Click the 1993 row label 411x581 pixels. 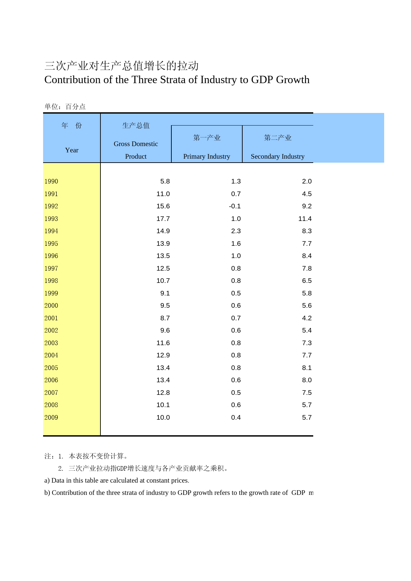51,219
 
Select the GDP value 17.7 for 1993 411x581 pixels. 163,219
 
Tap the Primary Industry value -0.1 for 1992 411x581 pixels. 235,206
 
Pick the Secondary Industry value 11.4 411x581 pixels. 305,219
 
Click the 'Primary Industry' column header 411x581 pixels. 206,156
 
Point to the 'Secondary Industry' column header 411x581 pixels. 277,156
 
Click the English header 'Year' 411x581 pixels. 72,150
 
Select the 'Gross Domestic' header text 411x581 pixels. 136,144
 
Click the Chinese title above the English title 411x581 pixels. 121,66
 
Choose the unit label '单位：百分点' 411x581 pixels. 65,106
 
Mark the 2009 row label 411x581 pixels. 51,417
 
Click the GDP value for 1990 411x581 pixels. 165,181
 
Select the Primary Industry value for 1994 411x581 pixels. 236,231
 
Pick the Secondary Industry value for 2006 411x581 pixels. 307,380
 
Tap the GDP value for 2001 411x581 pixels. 165,318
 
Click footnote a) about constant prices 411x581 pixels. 117,480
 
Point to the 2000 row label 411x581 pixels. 51,305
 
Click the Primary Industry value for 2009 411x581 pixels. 236,417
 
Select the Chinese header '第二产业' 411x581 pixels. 277,138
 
